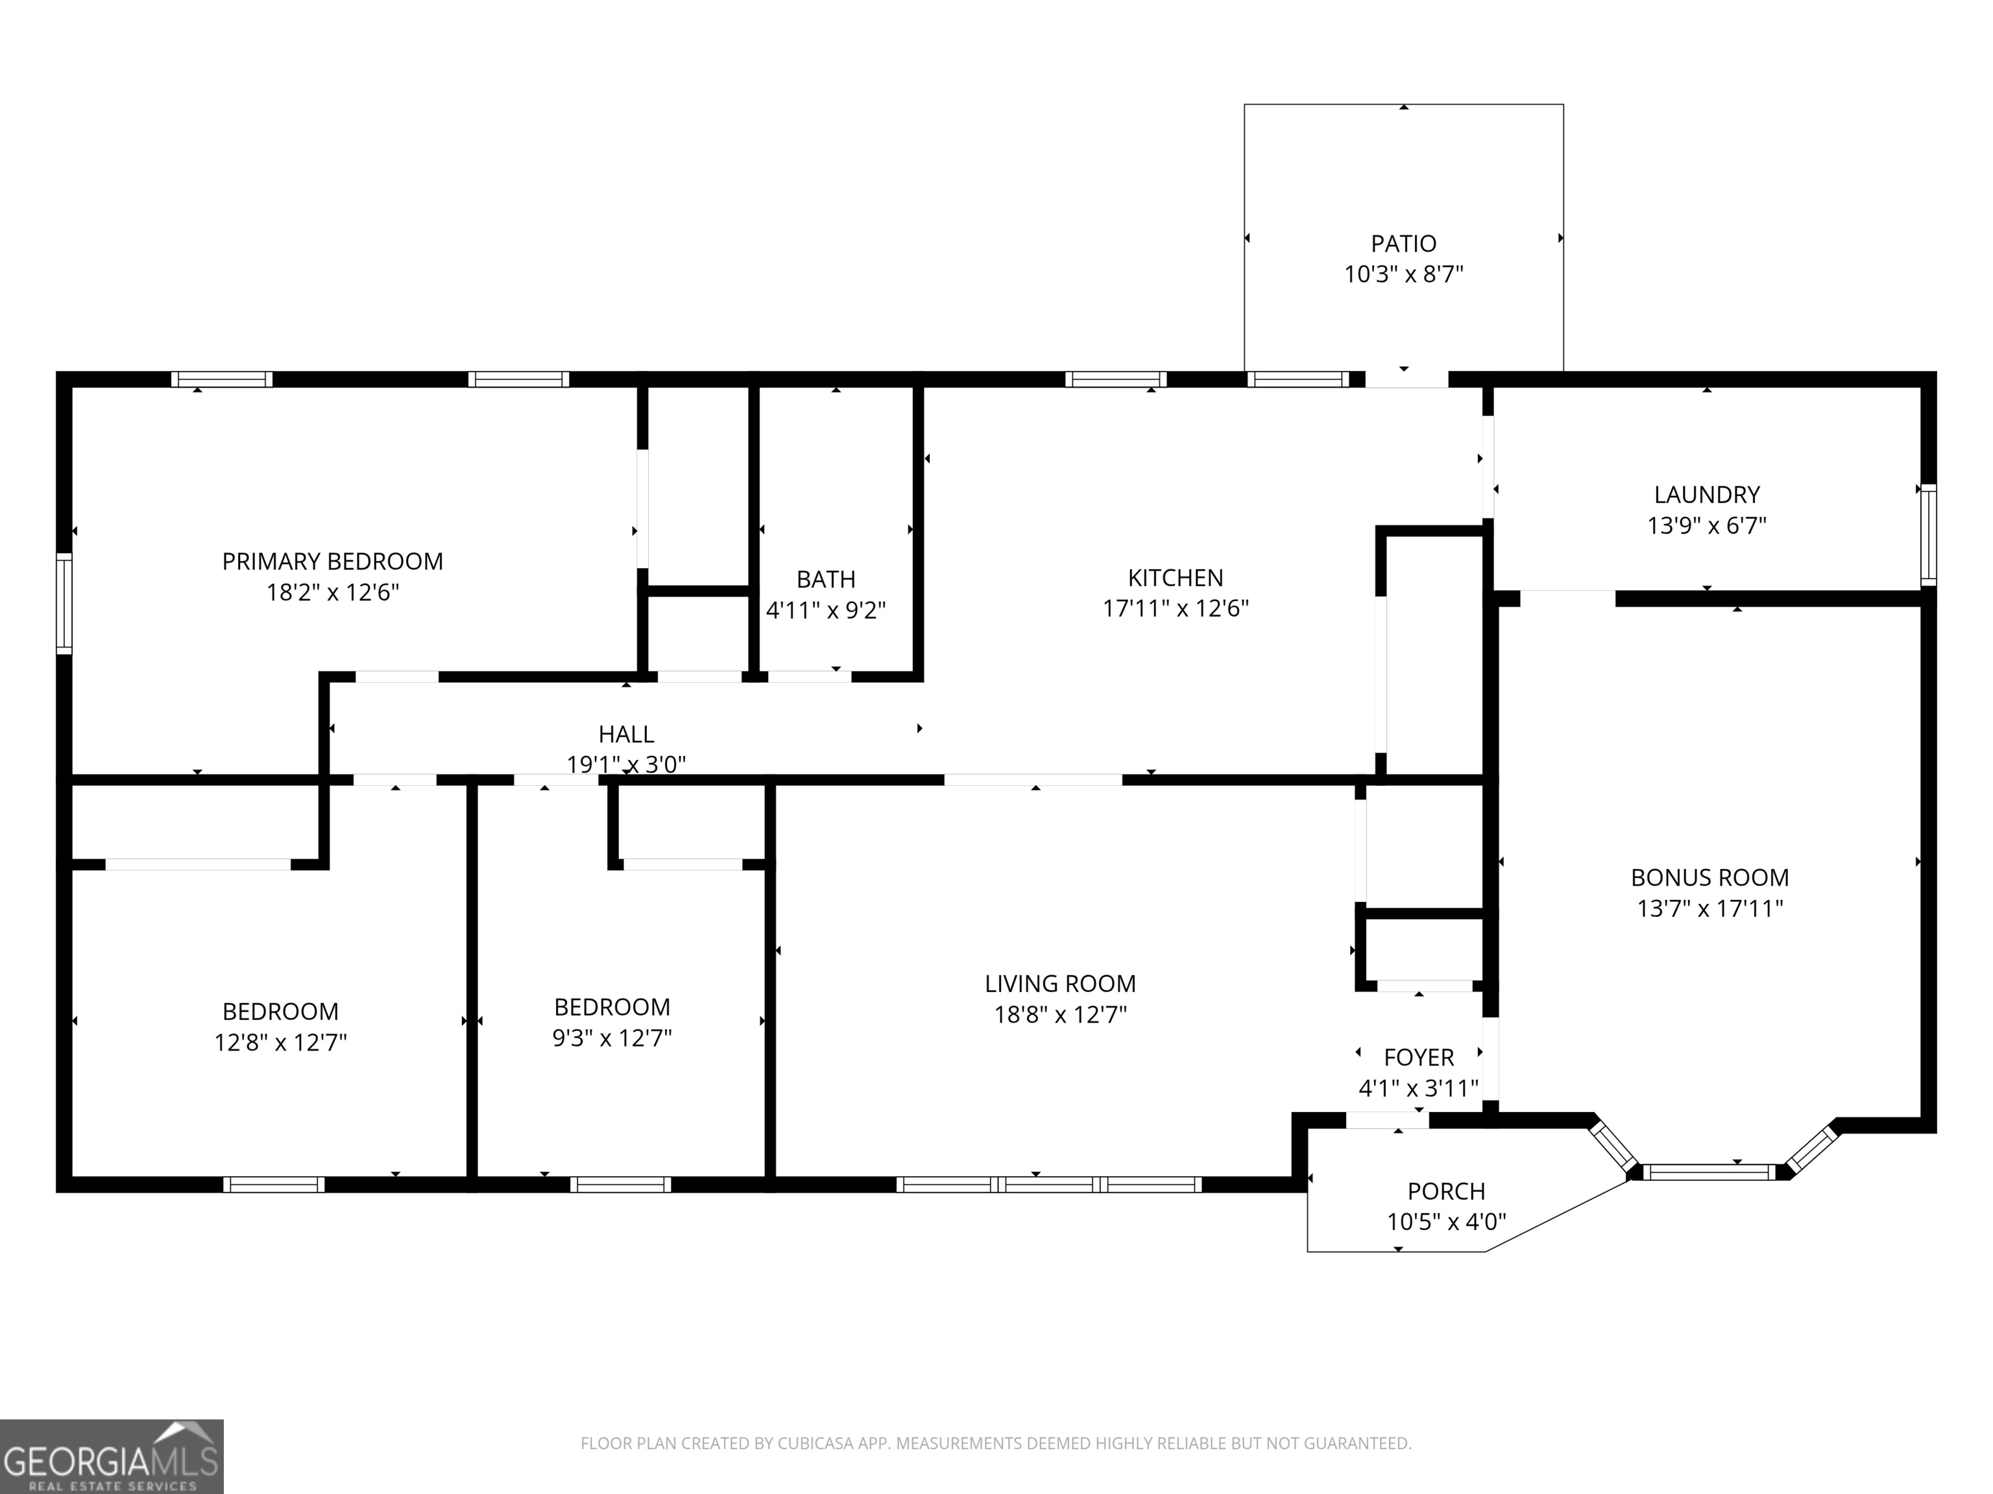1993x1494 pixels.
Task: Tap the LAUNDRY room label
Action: [1706, 494]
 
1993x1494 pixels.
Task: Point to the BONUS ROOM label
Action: [1709, 877]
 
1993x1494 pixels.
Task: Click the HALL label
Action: [625, 734]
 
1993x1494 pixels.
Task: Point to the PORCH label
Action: [1446, 1191]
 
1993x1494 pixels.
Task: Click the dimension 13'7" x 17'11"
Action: [1709, 908]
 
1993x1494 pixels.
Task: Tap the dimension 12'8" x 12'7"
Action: [280, 1042]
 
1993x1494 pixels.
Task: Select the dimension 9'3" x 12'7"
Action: [612, 1037]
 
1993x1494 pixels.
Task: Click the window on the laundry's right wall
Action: [1928, 535]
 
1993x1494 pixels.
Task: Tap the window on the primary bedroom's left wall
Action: [64, 603]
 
